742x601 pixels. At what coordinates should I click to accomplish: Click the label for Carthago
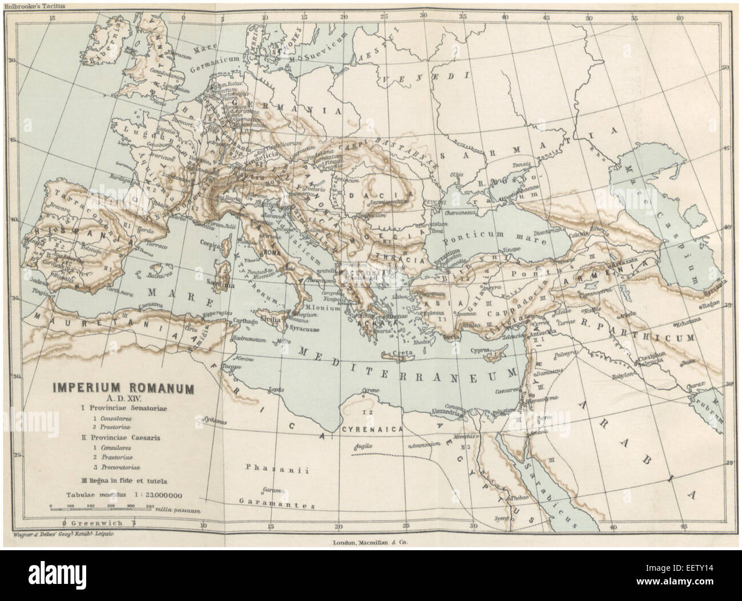click(x=247, y=323)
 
